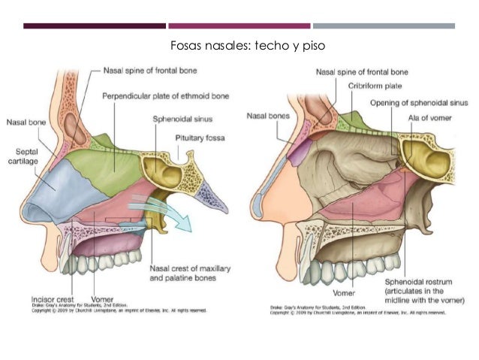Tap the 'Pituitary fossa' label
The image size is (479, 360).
point(202,138)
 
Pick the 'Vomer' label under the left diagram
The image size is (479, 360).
point(101,297)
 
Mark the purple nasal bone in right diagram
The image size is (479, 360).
point(298,154)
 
